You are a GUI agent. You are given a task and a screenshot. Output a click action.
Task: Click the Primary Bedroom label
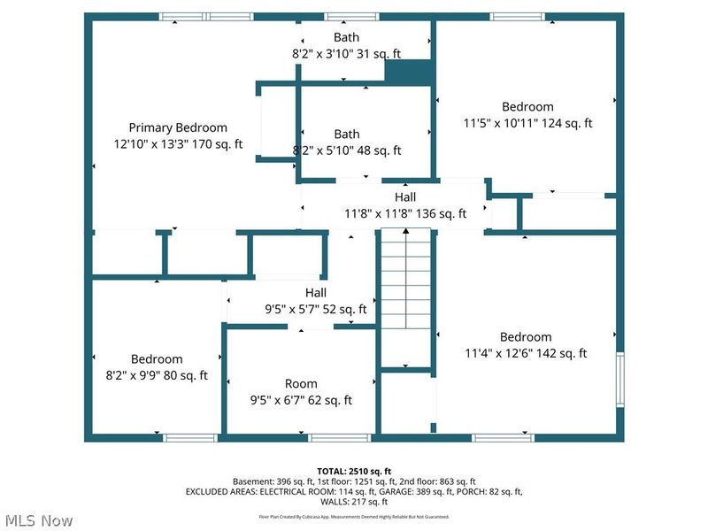(177, 127)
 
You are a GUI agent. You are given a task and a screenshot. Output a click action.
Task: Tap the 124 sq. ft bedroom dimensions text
(527, 123)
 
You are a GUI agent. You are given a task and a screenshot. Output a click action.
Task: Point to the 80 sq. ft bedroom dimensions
(157, 375)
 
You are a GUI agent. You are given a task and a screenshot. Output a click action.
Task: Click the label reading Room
(301, 383)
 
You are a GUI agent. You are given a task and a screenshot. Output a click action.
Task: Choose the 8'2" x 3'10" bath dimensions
(346, 53)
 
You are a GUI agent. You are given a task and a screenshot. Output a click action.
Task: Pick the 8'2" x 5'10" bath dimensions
(346, 150)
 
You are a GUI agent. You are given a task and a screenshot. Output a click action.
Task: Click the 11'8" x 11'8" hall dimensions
(404, 213)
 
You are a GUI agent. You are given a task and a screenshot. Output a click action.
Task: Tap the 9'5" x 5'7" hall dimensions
(316, 309)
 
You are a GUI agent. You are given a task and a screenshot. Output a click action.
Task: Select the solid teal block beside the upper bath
(408, 73)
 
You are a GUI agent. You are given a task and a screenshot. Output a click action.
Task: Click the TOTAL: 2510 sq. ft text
(354, 470)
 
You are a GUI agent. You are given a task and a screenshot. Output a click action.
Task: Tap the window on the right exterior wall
(620, 379)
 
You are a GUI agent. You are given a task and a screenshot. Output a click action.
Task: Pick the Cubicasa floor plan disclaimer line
(354, 516)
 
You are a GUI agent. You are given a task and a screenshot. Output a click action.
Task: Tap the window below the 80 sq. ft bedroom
(190, 437)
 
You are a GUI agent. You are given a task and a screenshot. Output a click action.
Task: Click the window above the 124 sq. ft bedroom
(518, 17)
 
